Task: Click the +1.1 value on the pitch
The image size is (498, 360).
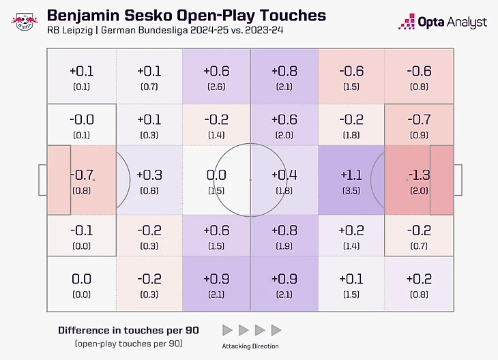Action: coord(351,175)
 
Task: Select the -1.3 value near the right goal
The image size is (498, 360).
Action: coord(418,175)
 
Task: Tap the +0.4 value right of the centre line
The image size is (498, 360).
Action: coord(284,175)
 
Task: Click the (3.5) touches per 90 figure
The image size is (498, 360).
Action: coord(351,191)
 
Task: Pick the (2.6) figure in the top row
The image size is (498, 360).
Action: coord(217,87)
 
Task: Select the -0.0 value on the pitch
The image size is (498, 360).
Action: coord(82,119)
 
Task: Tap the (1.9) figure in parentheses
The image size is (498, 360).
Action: coord(284,245)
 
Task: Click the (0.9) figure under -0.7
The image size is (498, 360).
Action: coord(418,135)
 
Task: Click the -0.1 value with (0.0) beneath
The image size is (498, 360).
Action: coord(82,230)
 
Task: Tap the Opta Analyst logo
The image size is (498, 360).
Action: coord(443,22)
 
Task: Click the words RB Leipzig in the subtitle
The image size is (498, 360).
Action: coord(71,32)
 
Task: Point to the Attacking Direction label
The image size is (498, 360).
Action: coord(250,346)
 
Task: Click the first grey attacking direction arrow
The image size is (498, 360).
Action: coord(227,331)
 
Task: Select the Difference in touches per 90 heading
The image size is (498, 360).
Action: coord(128,330)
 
